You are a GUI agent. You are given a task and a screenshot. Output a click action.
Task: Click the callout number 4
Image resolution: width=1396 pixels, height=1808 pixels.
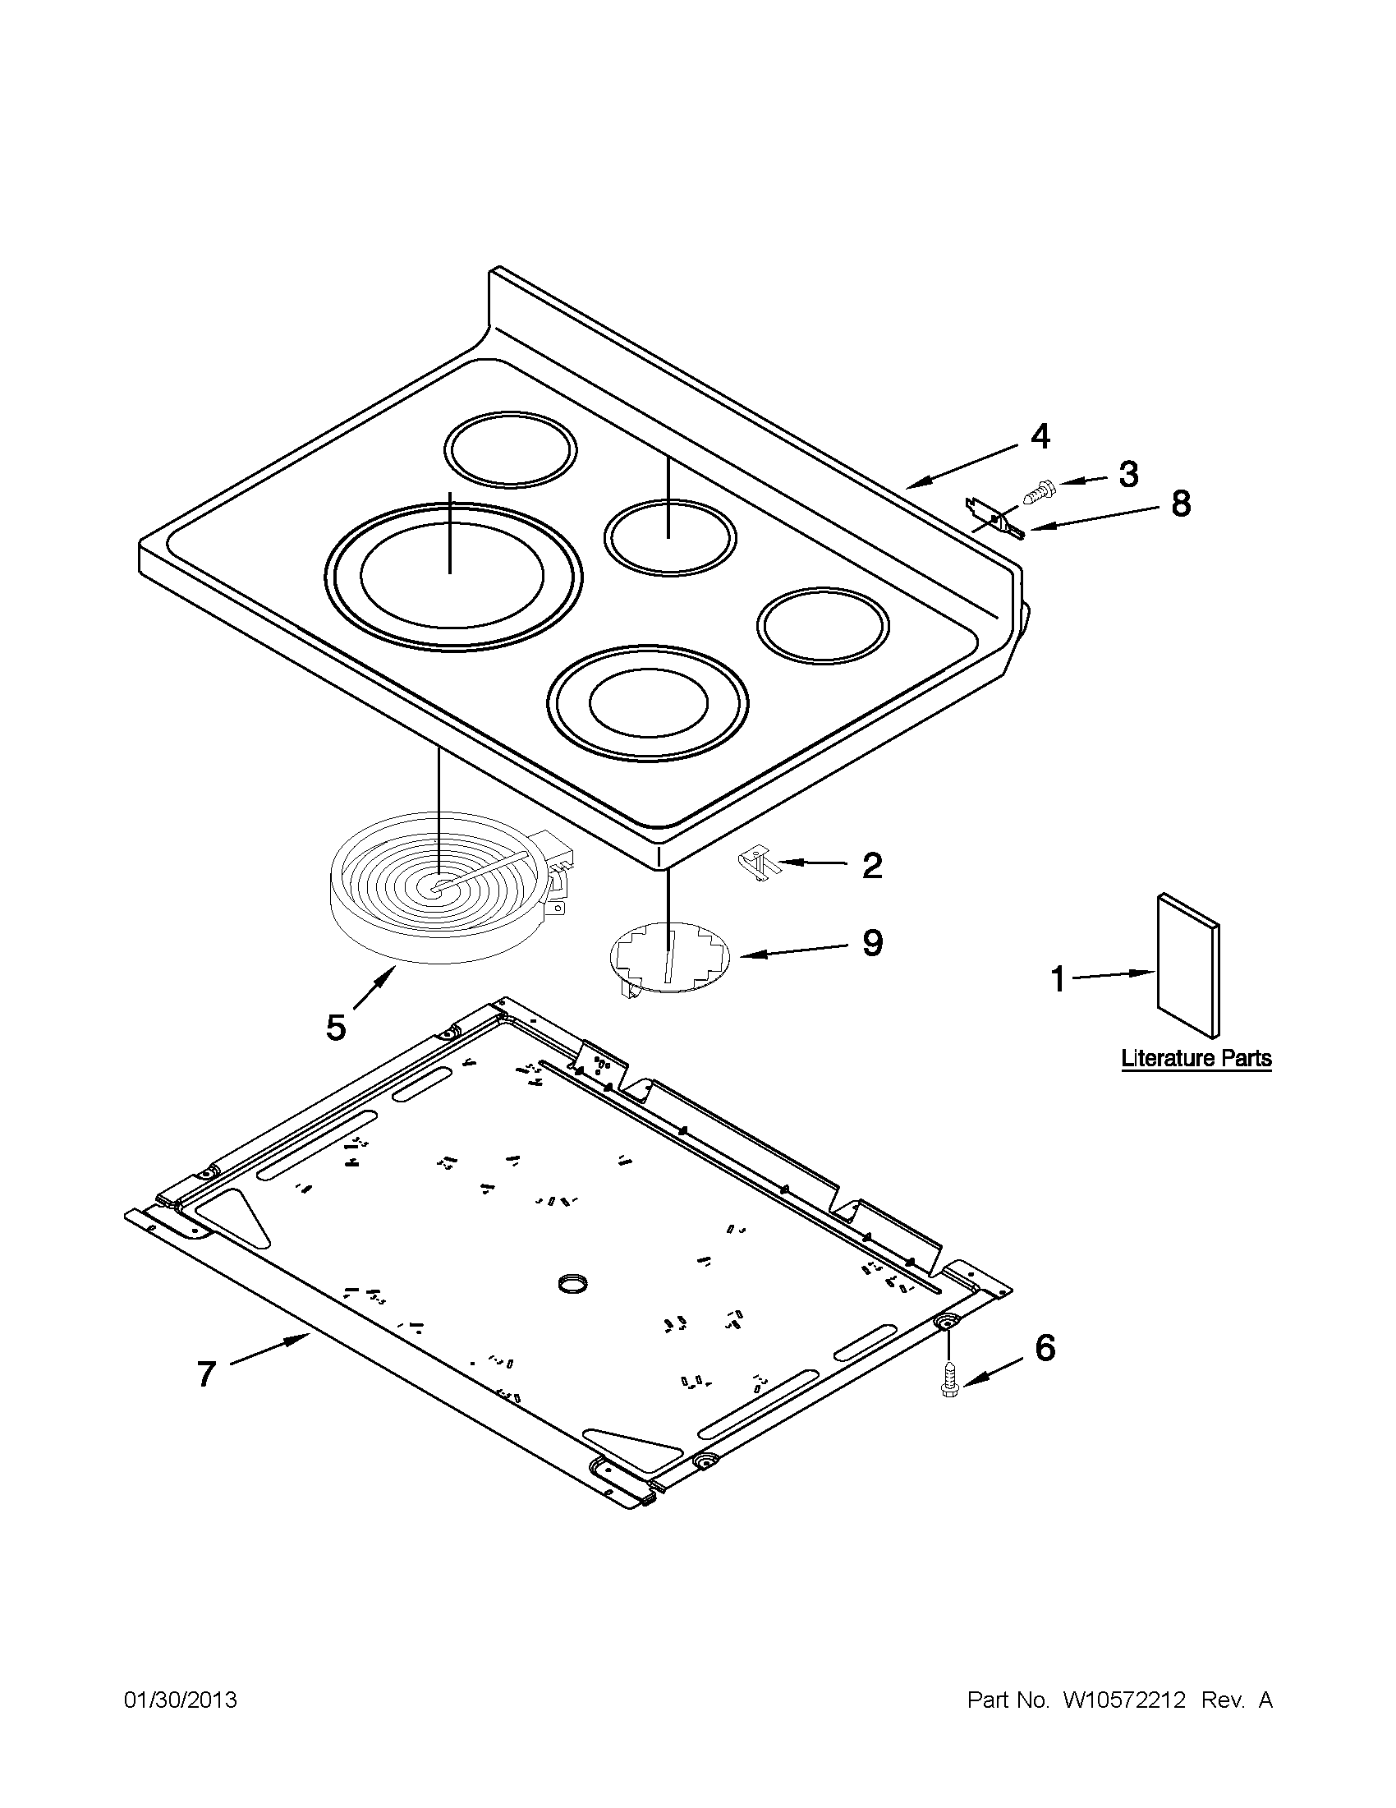(x=1040, y=436)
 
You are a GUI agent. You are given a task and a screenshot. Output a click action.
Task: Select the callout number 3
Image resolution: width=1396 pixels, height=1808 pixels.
(x=1128, y=474)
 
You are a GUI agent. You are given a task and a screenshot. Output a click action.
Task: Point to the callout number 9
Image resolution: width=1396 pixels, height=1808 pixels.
(x=872, y=943)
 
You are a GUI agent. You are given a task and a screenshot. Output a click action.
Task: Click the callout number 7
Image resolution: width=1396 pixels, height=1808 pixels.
(x=206, y=1374)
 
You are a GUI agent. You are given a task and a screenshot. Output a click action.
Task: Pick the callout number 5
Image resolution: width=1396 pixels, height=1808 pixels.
(x=335, y=1028)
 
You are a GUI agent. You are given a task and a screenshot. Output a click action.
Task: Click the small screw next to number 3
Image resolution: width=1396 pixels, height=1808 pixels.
(x=1037, y=493)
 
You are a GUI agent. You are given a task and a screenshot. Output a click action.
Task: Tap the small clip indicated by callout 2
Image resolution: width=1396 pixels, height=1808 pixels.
(x=755, y=861)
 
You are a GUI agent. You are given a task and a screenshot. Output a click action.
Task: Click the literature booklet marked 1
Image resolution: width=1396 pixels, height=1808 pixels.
(x=1187, y=964)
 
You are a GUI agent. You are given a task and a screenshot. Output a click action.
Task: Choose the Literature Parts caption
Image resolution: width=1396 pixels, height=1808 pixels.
(x=1196, y=1058)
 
